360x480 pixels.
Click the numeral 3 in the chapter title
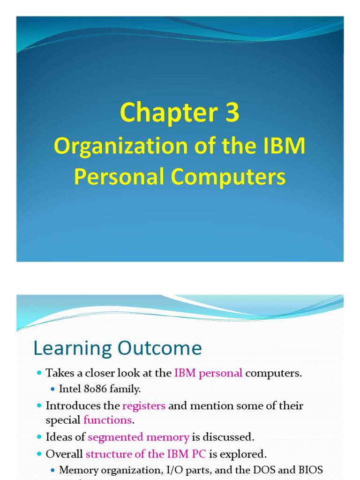pos(232,112)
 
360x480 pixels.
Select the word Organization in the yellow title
pos(120,147)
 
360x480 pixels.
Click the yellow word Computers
pos(228,177)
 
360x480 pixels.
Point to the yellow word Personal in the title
pos(119,177)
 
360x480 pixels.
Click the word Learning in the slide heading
pos(72,349)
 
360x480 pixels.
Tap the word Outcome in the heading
pos(160,348)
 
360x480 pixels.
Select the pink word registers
pos(144,406)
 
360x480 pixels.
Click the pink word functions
pos(108,420)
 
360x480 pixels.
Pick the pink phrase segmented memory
pos(138,437)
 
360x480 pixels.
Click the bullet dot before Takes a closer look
pos(39,373)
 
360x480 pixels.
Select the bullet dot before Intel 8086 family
pos(52,390)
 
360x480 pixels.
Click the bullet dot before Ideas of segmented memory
pos(39,437)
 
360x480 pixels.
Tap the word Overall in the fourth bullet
pos(64,454)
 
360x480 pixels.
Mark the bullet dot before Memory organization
pos(52,470)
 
